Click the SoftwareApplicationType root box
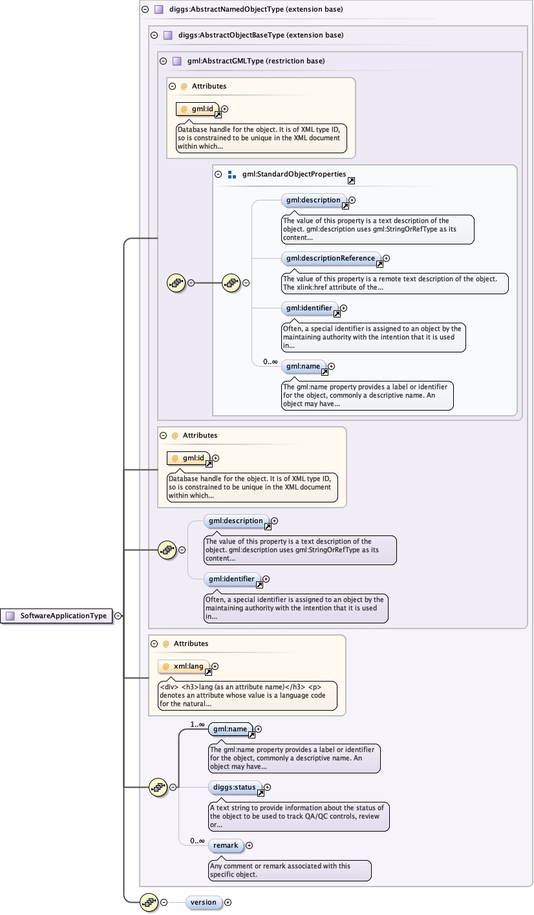(57, 616)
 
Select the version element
(204, 902)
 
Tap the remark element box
(226, 845)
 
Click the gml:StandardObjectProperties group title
(294, 175)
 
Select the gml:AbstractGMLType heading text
(255, 61)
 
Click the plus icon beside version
(228, 902)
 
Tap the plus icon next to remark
(250, 845)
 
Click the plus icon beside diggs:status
(268, 787)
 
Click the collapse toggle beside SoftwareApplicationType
(118, 616)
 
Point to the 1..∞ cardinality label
(197, 724)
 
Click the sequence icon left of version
(149, 902)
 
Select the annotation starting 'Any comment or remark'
(290, 870)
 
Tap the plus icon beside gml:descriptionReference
(387, 258)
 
